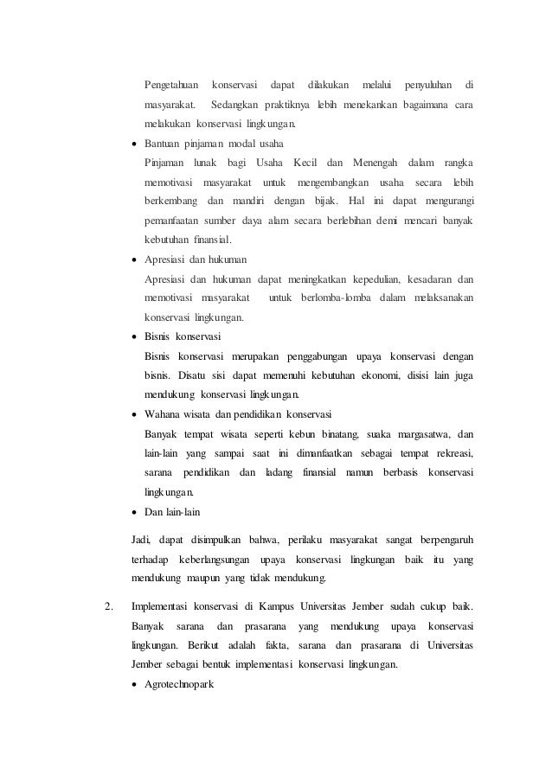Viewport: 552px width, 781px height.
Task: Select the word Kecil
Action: pyautogui.click(x=308, y=163)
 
